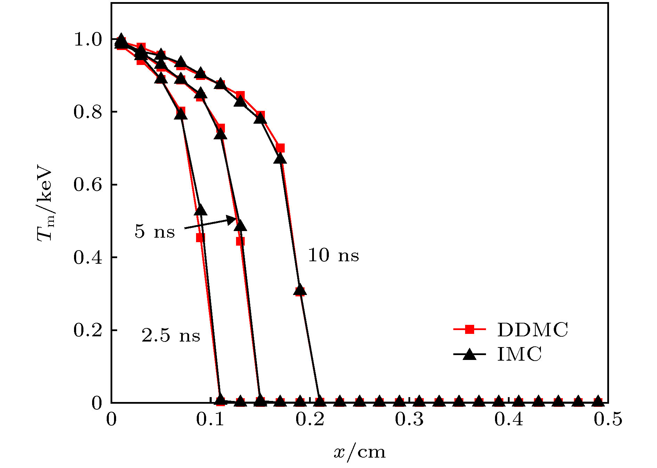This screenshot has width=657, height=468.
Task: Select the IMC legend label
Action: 519,354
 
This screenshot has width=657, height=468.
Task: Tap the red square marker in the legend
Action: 469,329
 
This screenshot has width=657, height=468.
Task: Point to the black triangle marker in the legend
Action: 470,354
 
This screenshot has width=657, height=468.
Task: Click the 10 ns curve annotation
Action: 333,255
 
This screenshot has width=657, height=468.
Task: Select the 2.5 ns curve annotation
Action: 171,336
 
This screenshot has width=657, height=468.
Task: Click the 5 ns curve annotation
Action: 154,231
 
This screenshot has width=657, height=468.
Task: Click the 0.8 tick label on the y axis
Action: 88,112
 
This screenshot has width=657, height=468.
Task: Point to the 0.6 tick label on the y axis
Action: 88,184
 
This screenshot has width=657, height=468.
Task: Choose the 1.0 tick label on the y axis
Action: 88,39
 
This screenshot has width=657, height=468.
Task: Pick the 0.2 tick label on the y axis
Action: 88,330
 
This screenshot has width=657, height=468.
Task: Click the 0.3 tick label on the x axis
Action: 409,419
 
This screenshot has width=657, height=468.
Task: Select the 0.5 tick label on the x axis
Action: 608,419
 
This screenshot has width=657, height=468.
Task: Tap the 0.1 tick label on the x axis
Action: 210,419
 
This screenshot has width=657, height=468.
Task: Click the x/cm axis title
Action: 359,452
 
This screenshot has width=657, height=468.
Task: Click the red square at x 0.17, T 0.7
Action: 280,148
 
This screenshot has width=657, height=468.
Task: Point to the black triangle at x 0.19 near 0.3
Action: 300,291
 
